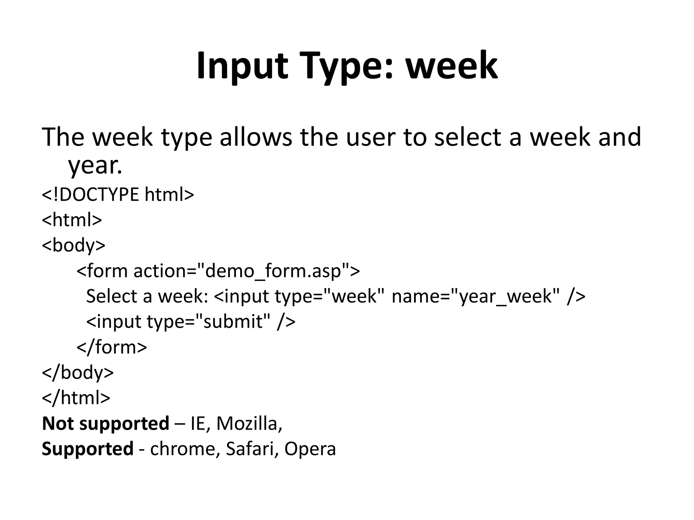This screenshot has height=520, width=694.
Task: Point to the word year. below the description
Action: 95,166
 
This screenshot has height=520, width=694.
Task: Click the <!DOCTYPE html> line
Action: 118,195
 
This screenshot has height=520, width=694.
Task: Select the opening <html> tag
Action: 72,220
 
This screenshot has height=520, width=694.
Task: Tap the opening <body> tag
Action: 74,245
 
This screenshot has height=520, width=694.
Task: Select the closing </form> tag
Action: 112,347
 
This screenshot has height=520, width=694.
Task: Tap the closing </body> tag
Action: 78,372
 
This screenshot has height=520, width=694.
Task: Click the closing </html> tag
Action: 76,398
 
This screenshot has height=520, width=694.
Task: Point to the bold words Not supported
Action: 105,424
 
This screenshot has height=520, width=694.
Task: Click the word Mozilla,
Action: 249,424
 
